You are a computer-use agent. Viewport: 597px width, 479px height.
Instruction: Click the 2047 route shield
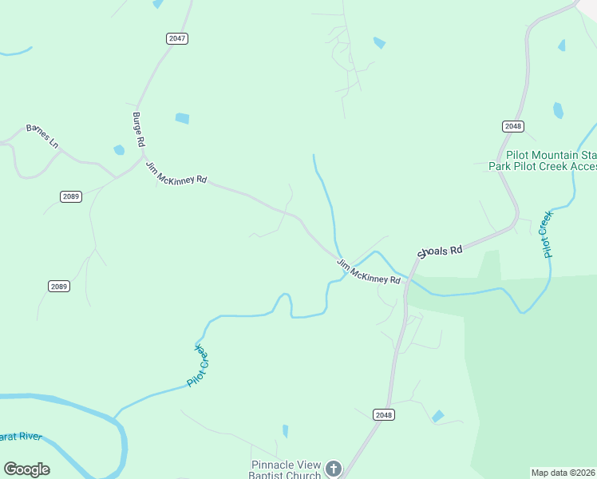coord(177,38)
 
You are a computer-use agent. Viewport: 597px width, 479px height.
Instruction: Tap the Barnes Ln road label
coord(42,135)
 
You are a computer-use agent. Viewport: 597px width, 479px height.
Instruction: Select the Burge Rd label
coord(138,129)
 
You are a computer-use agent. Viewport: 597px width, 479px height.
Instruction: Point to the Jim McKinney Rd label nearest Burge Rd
coord(176,173)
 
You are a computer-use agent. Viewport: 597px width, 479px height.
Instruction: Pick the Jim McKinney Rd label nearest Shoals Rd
coord(368,271)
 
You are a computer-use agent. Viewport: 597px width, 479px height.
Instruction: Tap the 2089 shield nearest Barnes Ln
coord(70,196)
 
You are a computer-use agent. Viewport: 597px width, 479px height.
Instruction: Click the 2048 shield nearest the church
coord(384,414)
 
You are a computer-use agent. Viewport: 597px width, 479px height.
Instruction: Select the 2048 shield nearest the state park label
coord(513,126)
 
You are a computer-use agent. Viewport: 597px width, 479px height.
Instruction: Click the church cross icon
coord(333,469)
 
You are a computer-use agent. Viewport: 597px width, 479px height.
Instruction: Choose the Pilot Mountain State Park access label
coord(543,160)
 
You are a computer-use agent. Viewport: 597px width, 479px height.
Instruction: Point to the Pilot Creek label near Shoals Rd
coord(547,234)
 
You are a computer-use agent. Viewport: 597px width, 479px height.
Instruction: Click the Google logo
coord(26,469)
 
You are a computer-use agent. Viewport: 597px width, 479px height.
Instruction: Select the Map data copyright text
coord(563,473)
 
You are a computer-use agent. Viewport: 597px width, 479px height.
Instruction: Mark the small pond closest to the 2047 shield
coord(182,118)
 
